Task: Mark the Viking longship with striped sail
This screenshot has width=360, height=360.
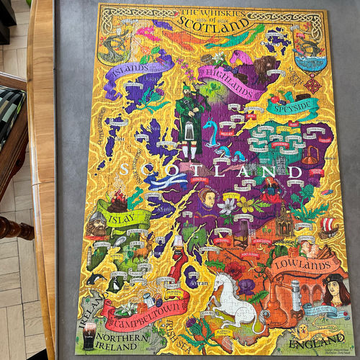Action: [328, 228]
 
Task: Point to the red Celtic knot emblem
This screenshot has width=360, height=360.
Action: [312, 84]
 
